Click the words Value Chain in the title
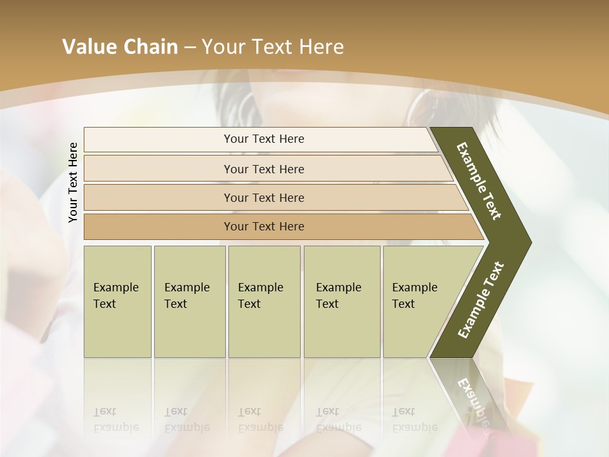(120, 47)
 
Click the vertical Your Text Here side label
(73, 182)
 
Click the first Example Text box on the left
(117, 301)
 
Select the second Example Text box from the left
(189, 301)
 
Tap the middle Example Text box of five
(264, 301)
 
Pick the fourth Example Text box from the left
(342, 301)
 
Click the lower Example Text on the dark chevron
(481, 300)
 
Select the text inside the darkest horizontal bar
(264, 227)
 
